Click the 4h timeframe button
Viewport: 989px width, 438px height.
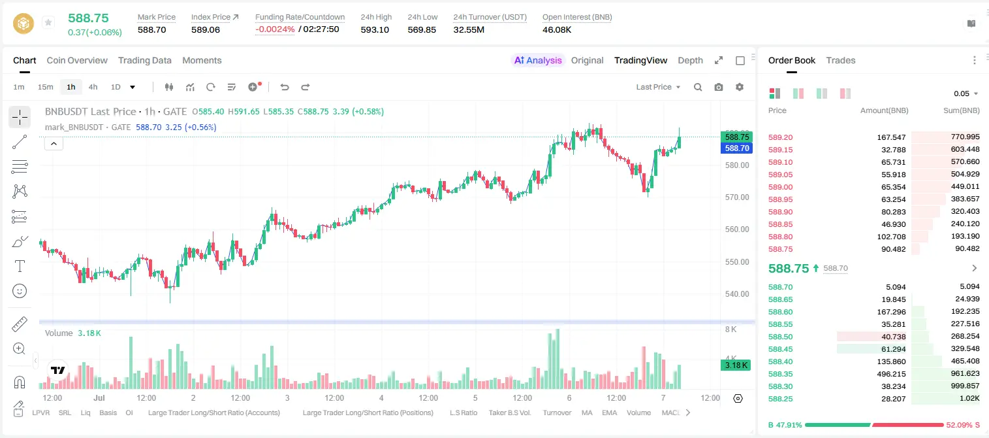pos(93,87)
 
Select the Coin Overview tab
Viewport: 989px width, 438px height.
pos(77,60)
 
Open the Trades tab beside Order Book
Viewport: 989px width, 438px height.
pos(841,60)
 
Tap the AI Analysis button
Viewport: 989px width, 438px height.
pos(538,60)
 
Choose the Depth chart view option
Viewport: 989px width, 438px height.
pos(690,60)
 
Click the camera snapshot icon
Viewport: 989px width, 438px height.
pos(719,87)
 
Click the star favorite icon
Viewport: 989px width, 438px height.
pos(48,22)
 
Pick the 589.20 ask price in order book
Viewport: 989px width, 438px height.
pos(780,137)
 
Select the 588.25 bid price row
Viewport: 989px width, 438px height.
pos(780,399)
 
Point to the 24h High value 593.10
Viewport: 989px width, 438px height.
pos(375,29)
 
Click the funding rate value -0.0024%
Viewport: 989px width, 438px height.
pos(275,29)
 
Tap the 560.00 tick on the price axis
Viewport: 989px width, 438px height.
pos(737,229)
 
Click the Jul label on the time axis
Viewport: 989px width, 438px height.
pos(99,397)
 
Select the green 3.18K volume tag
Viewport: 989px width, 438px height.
pos(736,365)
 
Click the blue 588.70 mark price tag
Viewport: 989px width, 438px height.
pos(736,148)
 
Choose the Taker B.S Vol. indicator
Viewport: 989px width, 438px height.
pos(509,413)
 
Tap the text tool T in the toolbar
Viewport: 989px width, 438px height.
pos(20,266)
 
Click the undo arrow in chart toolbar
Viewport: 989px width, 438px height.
pos(285,87)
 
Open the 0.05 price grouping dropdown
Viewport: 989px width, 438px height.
pos(965,93)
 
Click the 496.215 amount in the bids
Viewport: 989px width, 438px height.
pos(891,374)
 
